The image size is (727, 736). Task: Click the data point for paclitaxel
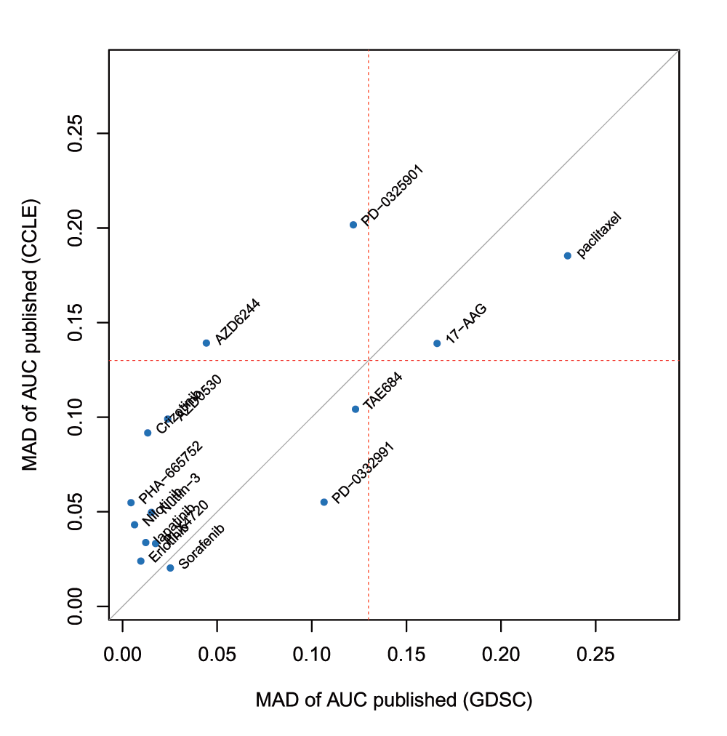(568, 256)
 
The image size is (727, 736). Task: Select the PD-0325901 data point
(353, 225)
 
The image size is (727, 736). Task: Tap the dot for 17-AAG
(437, 343)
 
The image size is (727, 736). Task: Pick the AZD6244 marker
(206, 343)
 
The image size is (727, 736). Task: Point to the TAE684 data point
(356, 409)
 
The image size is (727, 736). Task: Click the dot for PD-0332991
(324, 502)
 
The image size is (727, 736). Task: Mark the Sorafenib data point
(170, 568)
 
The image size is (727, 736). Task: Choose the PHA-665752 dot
(131, 503)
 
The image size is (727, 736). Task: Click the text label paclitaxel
(600, 234)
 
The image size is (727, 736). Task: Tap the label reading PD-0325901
(392, 196)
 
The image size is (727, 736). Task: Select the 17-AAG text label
(466, 324)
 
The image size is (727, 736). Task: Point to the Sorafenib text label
(202, 546)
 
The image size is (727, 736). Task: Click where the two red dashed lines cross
(369, 361)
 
